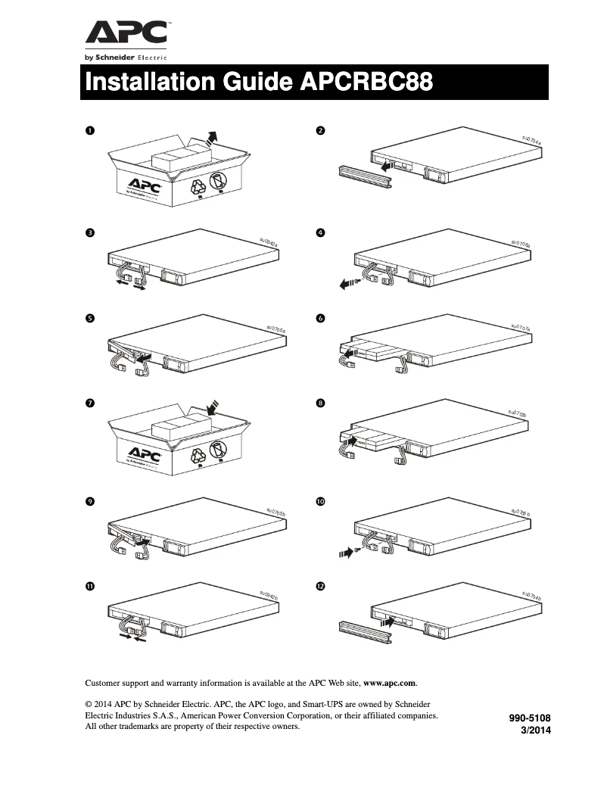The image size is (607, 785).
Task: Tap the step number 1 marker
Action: pyautogui.click(x=89, y=131)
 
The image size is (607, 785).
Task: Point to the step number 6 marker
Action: pyautogui.click(x=320, y=319)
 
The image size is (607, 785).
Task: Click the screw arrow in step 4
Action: pyautogui.click(x=347, y=284)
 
